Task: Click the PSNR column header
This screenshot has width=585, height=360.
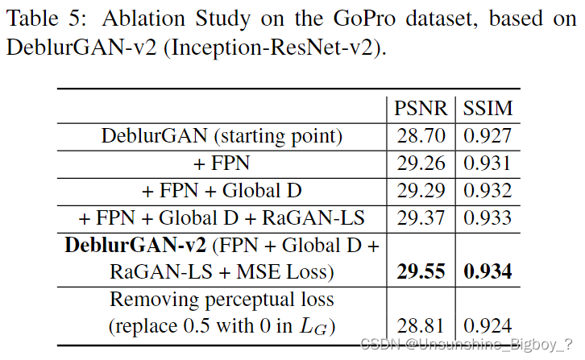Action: click(420, 107)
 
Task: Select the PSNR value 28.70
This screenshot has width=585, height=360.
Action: click(420, 135)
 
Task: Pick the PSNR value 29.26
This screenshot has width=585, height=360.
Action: click(420, 163)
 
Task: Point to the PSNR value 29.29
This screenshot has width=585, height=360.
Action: click(420, 190)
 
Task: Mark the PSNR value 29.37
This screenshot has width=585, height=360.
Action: click(420, 217)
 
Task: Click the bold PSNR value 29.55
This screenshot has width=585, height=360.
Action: click(420, 272)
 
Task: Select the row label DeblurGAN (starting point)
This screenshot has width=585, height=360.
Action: click(222, 135)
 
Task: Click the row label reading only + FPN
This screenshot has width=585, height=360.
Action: click(222, 163)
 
